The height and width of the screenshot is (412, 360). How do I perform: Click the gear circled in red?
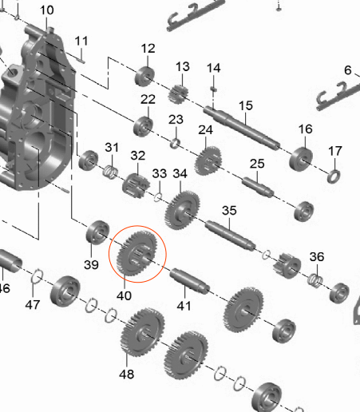(137, 253)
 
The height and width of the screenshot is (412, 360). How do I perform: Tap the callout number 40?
(124, 295)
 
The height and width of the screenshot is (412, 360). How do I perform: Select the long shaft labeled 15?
(242, 128)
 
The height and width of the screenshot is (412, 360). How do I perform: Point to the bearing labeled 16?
(301, 159)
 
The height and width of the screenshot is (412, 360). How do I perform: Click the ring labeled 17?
(334, 176)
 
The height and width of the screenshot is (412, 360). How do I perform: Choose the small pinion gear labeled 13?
(178, 94)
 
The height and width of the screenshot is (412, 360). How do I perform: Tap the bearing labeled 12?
(144, 77)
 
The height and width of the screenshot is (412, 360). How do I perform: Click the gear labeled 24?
(208, 160)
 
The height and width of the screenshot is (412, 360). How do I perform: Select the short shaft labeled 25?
(258, 187)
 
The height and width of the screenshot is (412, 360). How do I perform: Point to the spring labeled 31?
(110, 172)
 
